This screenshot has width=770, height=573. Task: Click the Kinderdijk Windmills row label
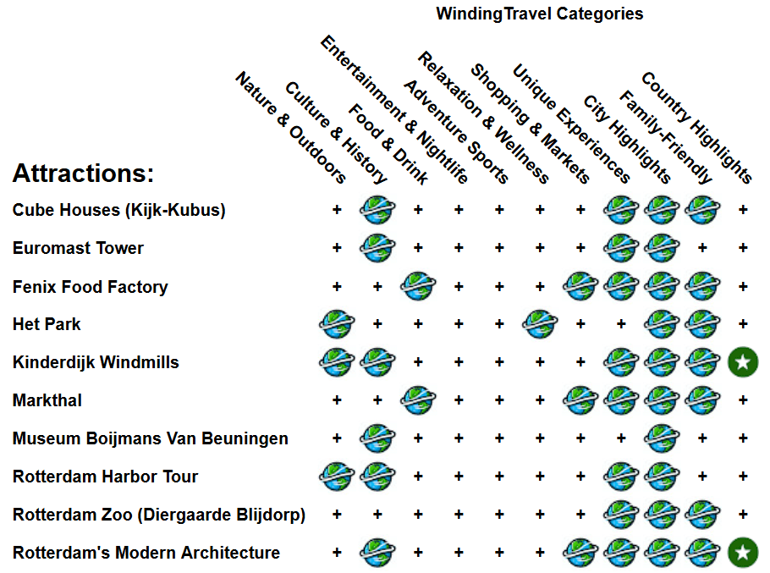tap(96, 362)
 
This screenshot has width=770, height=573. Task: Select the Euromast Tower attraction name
tap(78, 248)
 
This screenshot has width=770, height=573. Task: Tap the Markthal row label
tap(47, 400)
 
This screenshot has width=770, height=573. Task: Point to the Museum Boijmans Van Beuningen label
tap(150, 438)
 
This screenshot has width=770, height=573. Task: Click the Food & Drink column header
tap(388, 144)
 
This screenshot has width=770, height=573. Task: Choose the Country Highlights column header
tap(696, 127)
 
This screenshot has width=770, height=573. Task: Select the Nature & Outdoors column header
tap(290, 127)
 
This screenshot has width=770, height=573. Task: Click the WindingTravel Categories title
tap(539, 14)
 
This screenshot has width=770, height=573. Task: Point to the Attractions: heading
tap(83, 174)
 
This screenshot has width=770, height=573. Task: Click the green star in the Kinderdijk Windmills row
tap(743, 362)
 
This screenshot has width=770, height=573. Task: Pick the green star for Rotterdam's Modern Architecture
tap(743, 553)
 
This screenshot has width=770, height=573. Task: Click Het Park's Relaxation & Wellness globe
tap(540, 324)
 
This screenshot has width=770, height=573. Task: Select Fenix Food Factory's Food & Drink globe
tap(418, 286)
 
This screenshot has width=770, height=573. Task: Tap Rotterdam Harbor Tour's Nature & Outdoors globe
tap(337, 477)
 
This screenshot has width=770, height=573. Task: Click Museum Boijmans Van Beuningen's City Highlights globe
tap(662, 438)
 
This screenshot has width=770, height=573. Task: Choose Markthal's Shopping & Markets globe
tap(580, 400)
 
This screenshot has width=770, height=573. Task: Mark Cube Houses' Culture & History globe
tap(377, 210)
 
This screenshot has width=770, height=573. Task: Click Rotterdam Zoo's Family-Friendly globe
tap(702, 515)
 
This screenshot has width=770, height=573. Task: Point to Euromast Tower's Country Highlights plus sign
tap(743, 248)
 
